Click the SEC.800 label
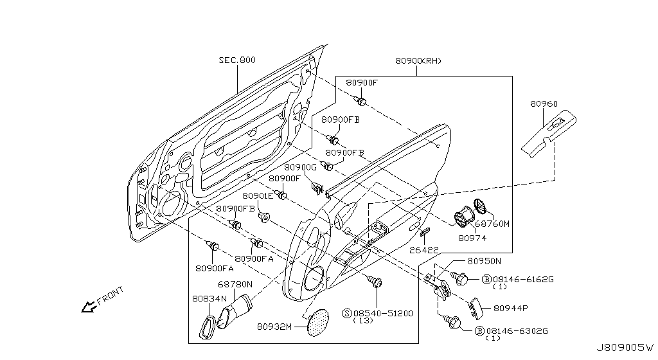236,60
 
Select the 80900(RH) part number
418,61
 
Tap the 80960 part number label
544,104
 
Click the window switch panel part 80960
549,134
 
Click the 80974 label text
472,239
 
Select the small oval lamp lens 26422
425,231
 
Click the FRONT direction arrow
89,307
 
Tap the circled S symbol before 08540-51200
347,313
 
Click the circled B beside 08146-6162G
486,279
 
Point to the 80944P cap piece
476,308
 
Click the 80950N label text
485,261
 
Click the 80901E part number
258,196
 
